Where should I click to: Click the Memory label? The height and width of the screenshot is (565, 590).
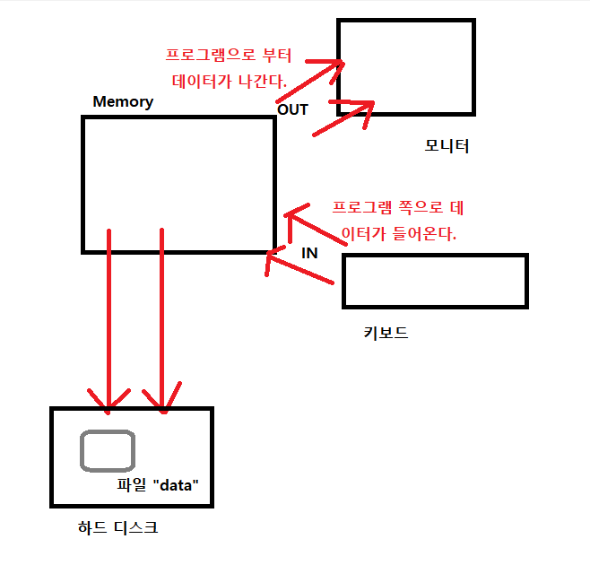click(x=123, y=101)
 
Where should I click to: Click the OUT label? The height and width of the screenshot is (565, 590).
click(x=292, y=109)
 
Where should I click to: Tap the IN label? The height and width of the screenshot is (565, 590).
click(x=309, y=253)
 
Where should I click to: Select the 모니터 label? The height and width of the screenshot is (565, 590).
click(x=447, y=145)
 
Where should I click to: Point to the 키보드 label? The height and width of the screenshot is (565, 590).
click(x=386, y=333)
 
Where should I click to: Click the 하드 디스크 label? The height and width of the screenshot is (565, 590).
click(x=118, y=527)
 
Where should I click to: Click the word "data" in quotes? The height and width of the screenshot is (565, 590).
click(x=177, y=484)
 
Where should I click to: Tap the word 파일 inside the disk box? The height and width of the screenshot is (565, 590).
click(x=132, y=484)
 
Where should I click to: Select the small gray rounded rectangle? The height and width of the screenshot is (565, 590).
click(x=108, y=451)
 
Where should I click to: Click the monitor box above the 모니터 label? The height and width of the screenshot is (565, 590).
click(x=405, y=66)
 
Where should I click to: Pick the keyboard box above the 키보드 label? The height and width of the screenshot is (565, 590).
click(x=435, y=281)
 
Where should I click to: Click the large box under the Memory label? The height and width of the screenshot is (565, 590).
click(x=178, y=183)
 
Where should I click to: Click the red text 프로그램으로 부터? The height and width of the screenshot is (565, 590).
click(x=229, y=56)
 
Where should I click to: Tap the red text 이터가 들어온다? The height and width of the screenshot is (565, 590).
click(x=400, y=236)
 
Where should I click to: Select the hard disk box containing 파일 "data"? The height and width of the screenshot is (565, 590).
click(x=132, y=457)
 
